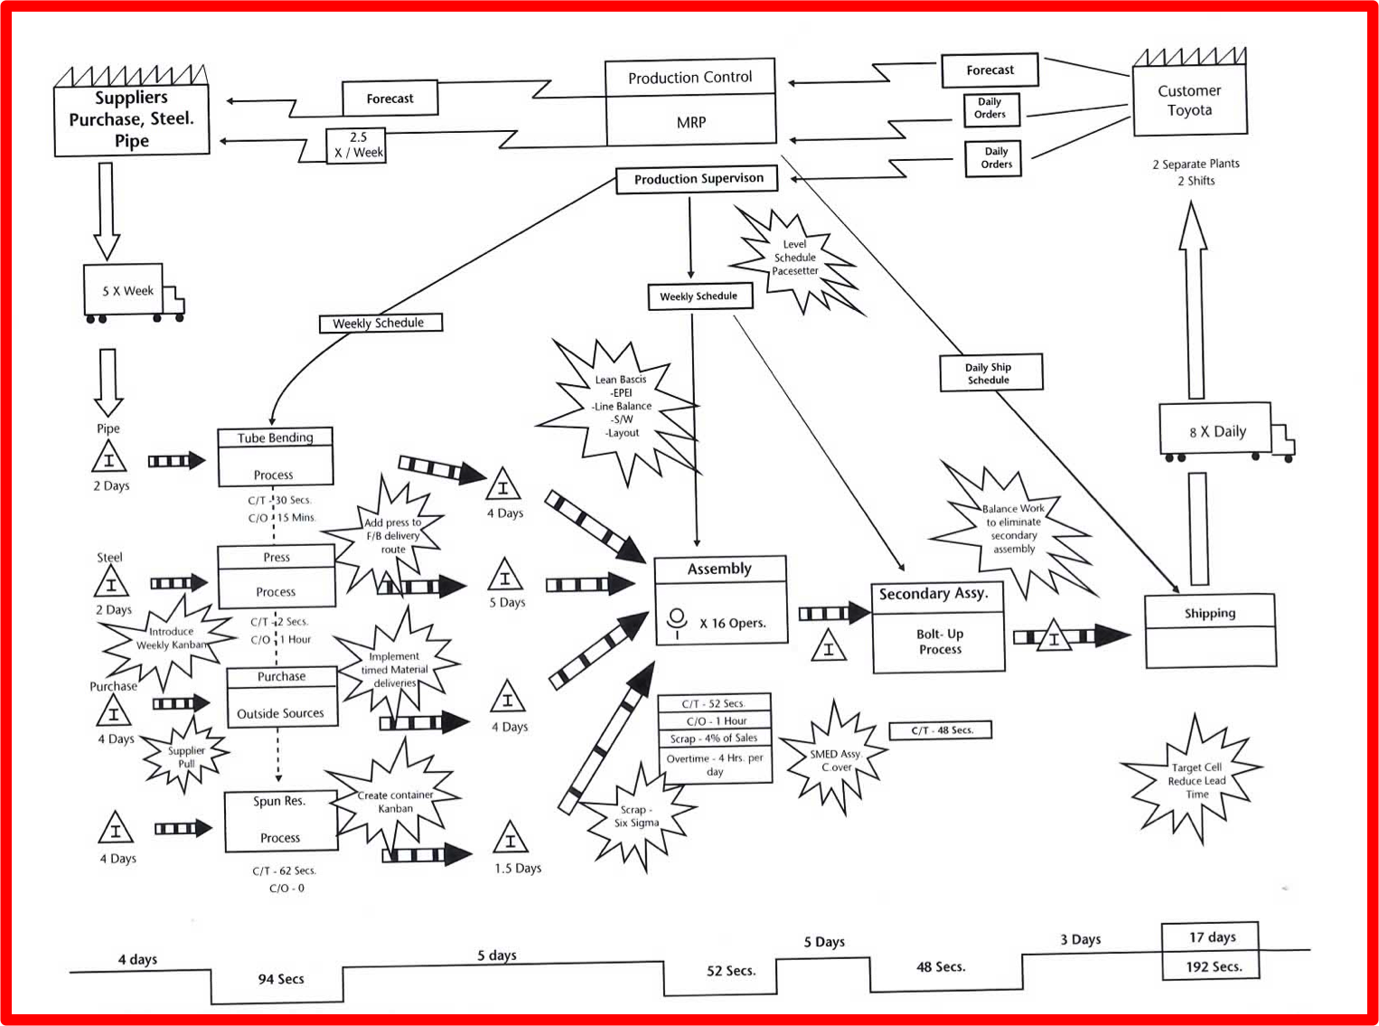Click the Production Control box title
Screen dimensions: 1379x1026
[689, 78]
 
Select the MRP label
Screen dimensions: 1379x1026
[691, 122]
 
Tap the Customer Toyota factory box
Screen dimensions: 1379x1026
[1189, 92]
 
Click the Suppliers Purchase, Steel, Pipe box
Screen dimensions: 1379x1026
[131, 111]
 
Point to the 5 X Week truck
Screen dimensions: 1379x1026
[133, 293]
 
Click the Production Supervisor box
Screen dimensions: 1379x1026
[697, 179]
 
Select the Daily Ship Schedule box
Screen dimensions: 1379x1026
[990, 372]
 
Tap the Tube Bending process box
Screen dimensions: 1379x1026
[276, 457]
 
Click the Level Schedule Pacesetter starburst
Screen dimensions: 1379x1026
[794, 259]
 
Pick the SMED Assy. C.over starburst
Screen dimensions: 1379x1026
[834, 760]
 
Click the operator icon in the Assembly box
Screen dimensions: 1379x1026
[677, 622]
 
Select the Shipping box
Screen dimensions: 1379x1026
[1210, 630]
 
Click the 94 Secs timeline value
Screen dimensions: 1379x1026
[281, 979]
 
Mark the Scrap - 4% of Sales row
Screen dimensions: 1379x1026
[715, 739]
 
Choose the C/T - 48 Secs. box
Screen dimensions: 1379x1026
[941, 730]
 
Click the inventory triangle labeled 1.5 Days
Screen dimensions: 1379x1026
[511, 837]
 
